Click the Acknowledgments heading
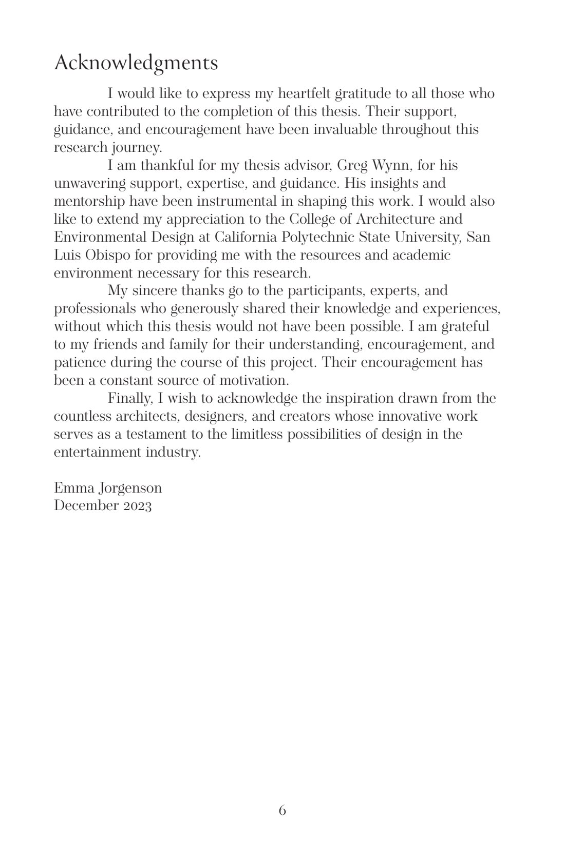point(136,64)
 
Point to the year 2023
point(138,506)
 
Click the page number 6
point(282,811)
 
